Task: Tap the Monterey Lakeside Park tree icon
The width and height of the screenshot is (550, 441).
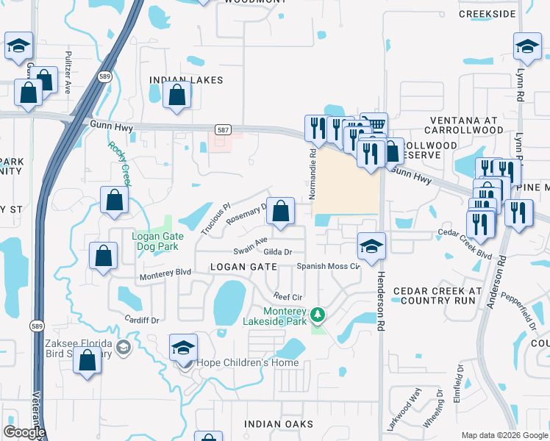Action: [x=318, y=315]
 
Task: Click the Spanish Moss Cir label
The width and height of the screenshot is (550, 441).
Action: [x=328, y=266]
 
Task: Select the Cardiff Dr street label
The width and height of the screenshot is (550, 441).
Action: [x=142, y=320]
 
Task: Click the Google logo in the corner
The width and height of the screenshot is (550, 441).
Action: [x=24, y=432]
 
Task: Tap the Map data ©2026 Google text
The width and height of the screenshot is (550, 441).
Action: [x=504, y=435]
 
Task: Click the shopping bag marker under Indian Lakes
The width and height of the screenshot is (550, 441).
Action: [x=177, y=96]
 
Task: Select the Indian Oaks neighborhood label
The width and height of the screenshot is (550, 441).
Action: [x=279, y=424]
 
